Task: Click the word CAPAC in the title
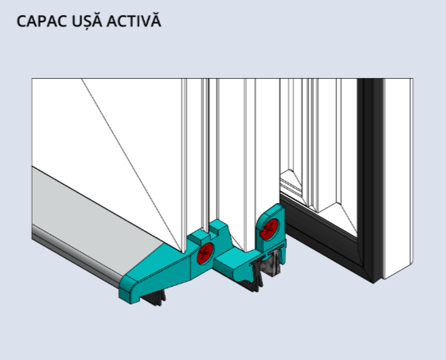(41, 22)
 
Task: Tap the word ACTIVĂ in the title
(134, 21)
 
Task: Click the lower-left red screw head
(205, 253)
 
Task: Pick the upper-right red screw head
(269, 229)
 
